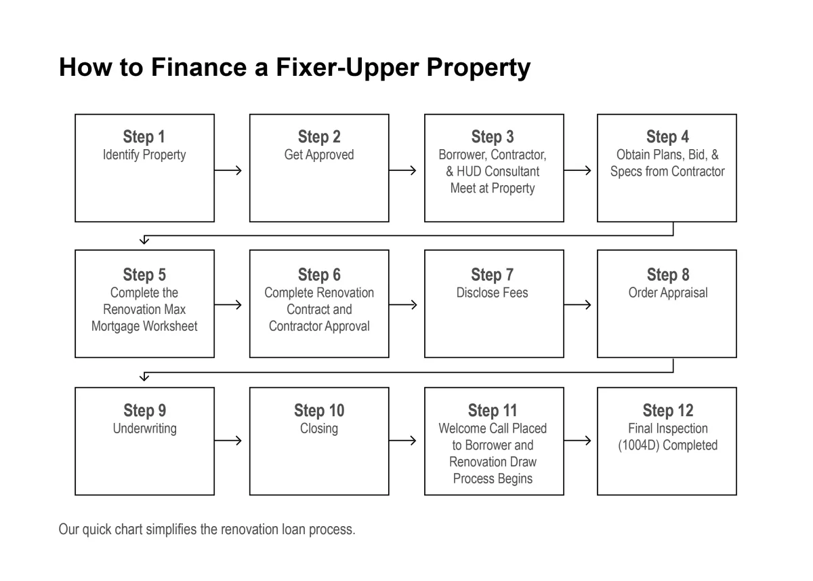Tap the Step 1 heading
(144, 137)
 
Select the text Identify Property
(144, 155)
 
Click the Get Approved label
(319, 155)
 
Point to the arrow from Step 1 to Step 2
(228, 170)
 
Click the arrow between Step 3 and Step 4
(577, 170)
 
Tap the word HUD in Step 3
(470, 172)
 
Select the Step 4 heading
(667, 137)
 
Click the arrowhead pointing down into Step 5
(144, 240)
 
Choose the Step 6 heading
(319, 275)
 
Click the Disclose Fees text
(492, 293)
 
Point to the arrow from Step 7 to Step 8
(577, 304)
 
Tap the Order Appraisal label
(668, 293)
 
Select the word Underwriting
(145, 429)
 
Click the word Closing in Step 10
(319, 429)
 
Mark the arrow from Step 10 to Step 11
(402, 441)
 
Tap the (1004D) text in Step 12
(638, 445)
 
